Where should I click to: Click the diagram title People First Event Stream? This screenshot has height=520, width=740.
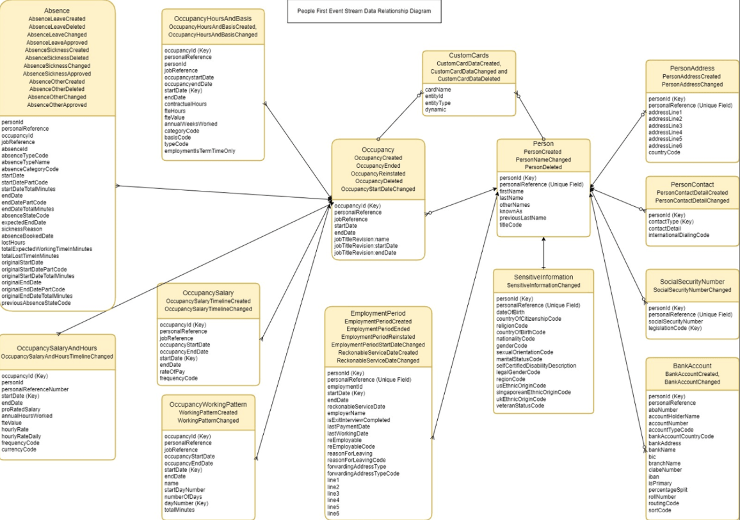(364, 11)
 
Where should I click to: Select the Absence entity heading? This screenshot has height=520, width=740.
(57, 11)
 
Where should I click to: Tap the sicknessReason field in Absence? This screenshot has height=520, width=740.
(22, 229)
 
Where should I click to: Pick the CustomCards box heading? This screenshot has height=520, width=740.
(468, 56)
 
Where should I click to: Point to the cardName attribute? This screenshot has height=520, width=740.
(438, 90)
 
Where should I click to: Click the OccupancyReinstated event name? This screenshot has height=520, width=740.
(378, 173)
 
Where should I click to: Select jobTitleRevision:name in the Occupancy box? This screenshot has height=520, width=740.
(366, 239)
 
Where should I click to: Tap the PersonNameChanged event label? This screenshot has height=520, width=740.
(543, 159)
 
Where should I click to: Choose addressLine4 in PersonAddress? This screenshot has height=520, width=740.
(665, 133)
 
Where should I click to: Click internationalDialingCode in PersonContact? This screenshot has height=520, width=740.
(679, 235)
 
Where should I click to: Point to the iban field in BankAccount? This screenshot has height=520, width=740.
(654, 477)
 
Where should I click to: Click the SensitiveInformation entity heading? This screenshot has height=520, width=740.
(543, 277)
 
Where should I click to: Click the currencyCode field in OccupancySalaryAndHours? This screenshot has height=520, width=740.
(19, 449)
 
